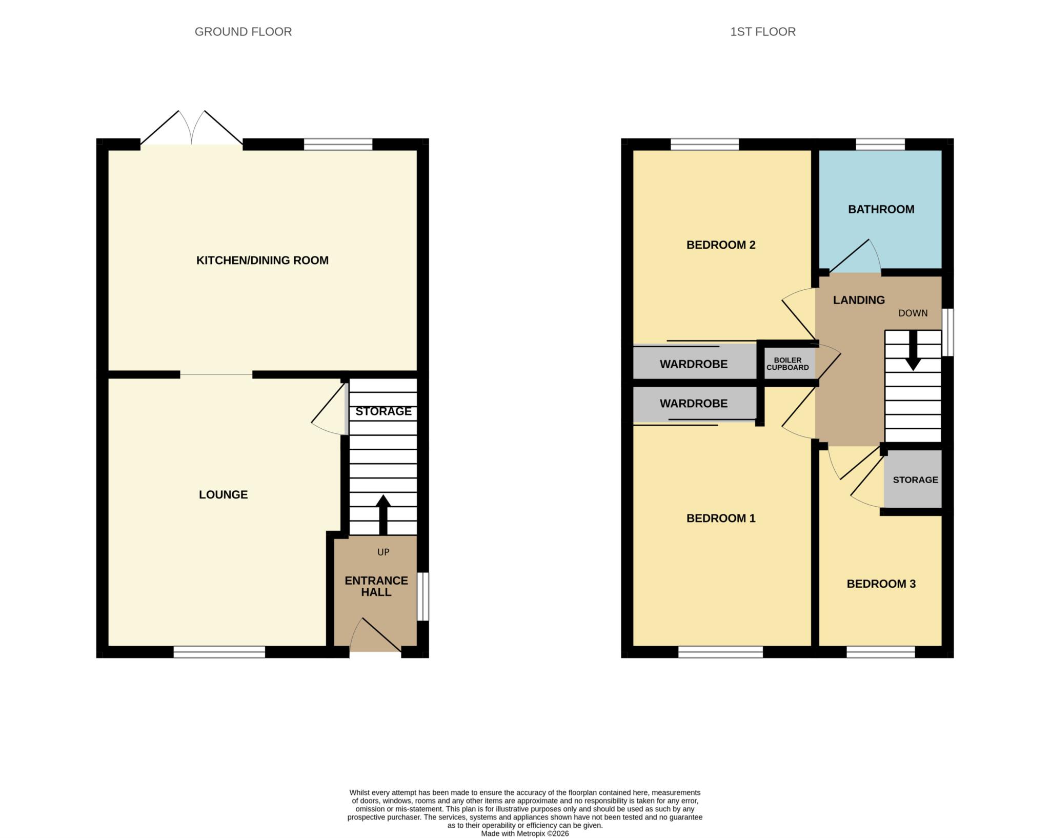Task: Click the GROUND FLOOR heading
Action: pos(243,32)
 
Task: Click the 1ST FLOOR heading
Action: pos(763,32)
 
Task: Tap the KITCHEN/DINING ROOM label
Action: pos(262,261)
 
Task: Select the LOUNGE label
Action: pos(224,494)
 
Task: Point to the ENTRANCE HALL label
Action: pos(376,586)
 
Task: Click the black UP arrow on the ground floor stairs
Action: pos(383,515)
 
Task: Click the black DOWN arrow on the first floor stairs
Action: pos(913,350)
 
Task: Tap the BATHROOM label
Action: pos(881,209)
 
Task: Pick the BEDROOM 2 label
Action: pos(721,245)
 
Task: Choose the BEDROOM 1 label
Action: pos(721,518)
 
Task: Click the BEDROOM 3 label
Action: pos(881,584)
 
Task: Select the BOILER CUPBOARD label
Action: pos(787,364)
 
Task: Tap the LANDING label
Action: pos(859,300)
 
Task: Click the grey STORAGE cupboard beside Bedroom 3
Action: pos(913,479)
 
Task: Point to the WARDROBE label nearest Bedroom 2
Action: pos(694,364)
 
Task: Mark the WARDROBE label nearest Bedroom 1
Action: pos(694,404)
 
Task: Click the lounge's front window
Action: pos(219,652)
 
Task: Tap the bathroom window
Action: pos(880,144)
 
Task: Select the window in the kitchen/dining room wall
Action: pos(338,144)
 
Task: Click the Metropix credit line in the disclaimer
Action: pos(525,833)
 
